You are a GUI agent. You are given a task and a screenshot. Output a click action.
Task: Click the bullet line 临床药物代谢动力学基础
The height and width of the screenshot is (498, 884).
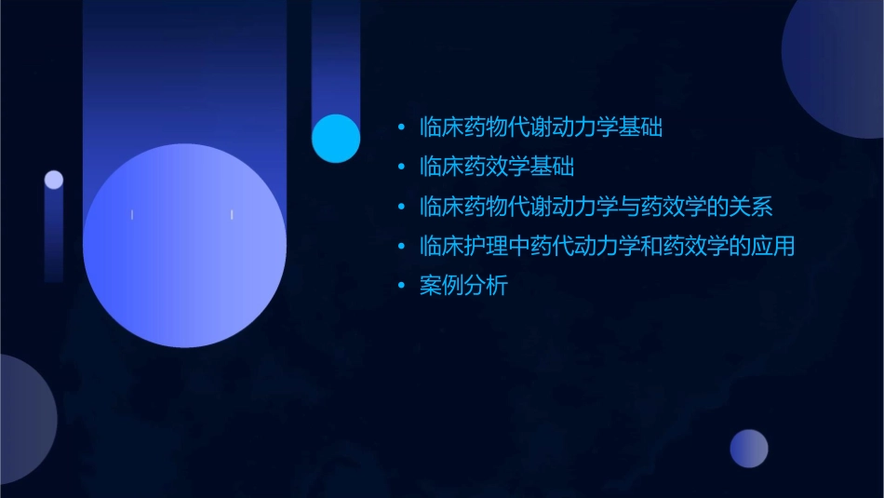(x=541, y=128)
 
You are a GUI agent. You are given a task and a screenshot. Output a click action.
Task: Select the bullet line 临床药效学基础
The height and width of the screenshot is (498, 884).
(x=497, y=168)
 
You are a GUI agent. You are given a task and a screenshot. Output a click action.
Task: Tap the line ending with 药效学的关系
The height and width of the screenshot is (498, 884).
(x=596, y=207)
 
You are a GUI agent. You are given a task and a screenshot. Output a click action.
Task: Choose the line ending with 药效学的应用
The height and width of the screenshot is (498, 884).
(x=607, y=247)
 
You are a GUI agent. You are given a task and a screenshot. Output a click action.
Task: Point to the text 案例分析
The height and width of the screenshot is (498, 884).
(x=463, y=287)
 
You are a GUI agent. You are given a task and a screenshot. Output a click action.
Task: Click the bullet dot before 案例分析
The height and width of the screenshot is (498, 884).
(x=401, y=287)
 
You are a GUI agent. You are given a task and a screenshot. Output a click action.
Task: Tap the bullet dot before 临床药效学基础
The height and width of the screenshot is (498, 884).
(x=401, y=168)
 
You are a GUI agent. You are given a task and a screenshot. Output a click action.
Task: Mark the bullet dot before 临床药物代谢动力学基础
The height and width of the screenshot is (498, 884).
(x=401, y=128)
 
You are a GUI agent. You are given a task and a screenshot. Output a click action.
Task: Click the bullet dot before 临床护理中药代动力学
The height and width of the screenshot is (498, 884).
(x=401, y=247)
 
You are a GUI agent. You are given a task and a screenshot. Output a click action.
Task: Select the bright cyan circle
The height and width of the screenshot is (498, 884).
(x=336, y=139)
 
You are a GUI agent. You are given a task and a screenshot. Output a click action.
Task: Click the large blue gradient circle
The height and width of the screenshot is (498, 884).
(x=184, y=246)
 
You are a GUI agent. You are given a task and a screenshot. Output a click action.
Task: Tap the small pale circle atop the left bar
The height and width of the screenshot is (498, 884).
(x=54, y=180)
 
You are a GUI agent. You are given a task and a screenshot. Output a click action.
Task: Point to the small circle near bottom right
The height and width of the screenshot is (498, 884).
(x=749, y=449)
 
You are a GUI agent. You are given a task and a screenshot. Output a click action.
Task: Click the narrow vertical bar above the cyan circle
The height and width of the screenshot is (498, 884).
(x=336, y=56)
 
